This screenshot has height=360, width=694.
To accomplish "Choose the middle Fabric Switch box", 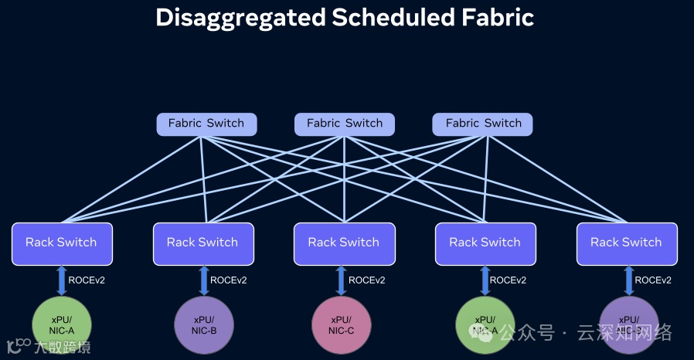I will click(x=344, y=124).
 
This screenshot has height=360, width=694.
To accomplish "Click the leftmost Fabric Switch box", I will click(x=206, y=124).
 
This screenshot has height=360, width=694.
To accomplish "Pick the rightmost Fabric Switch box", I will click(x=482, y=124).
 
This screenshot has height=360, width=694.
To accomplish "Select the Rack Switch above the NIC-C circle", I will click(x=344, y=243).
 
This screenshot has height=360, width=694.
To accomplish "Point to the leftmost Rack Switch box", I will click(x=62, y=243).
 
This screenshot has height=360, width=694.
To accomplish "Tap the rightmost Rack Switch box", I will click(x=626, y=243).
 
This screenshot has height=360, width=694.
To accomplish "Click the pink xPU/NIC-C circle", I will click(x=341, y=325).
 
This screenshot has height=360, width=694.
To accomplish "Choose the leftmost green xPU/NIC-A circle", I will click(x=62, y=325).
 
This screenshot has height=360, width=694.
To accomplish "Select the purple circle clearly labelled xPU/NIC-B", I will click(x=204, y=325).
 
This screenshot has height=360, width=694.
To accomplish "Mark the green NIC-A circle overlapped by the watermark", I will click(x=485, y=325).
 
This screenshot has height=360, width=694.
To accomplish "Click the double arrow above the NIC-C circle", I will click(x=341, y=280).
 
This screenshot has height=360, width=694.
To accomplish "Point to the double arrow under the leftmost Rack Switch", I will click(x=62, y=280).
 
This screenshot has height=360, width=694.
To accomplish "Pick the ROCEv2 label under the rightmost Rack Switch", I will click(x=653, y=280).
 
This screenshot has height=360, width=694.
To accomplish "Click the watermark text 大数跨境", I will click(x=62, y=348).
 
